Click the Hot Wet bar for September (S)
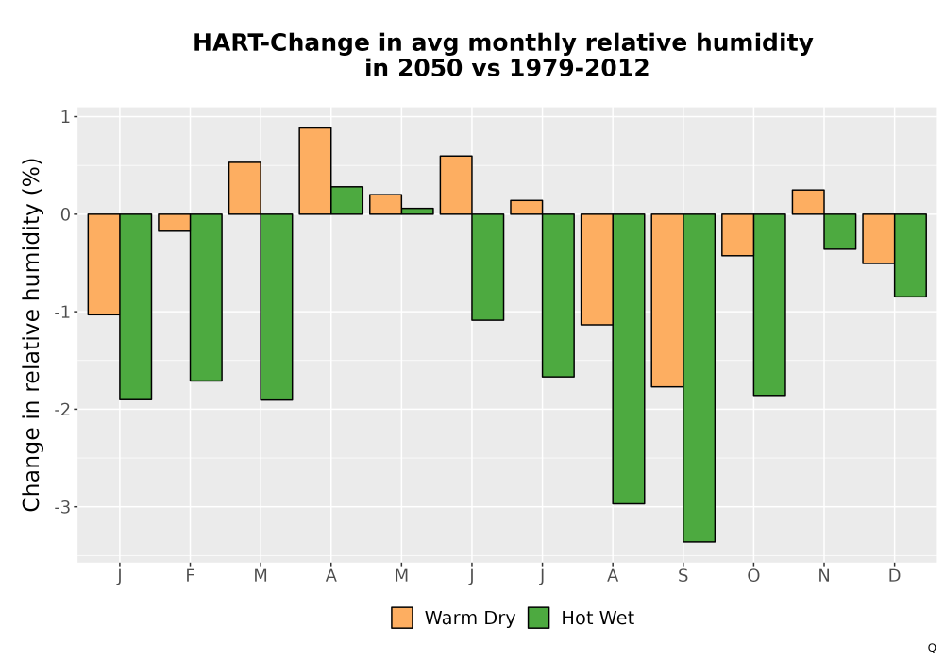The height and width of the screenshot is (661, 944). pyautogui.click(x=699, y=378)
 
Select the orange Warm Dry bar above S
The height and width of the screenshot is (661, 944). pyautogui.click(x=667, y=300)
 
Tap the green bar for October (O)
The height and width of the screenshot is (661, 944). pyautogui.click(x=769, y=305)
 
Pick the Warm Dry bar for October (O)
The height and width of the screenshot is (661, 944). pyautogui.click(x=737, y=235)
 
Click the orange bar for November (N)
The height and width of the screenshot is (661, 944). pyautogui.click(x=808, y=202)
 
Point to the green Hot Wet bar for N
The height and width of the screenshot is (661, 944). pyautogui.click(x=840, y=231)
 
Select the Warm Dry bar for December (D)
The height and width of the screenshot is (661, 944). pyautogui.click(x=878, y=239)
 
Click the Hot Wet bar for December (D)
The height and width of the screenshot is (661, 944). pyautogui.click(x=910, y=255)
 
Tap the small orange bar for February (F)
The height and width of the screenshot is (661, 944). pyautogui.click(x=174, y=223)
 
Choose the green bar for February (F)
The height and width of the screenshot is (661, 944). pyautogui.click(x=206, y=297)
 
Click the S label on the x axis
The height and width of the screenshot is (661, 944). pyautogui.click(x=683, y=576)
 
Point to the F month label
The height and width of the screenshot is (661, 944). pyautogui.click(x=190, y=576)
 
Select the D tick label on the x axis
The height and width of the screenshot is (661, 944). pyautogui.click(x=894, y=576)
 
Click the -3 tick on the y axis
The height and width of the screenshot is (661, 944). pyautogui.click(x=63, y=507)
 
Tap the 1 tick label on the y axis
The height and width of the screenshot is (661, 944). pyautogui.click(x=66, y=116)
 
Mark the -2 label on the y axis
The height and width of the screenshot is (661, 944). pyautogui.click(x=63, y=410)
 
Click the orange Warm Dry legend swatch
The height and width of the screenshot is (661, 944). pyautogui.click(x=402, y=618)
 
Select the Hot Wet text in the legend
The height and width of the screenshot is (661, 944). pyautogui.click(x=598, y=619)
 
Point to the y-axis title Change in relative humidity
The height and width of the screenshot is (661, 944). pyautogui.click(x=31, y=334)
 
